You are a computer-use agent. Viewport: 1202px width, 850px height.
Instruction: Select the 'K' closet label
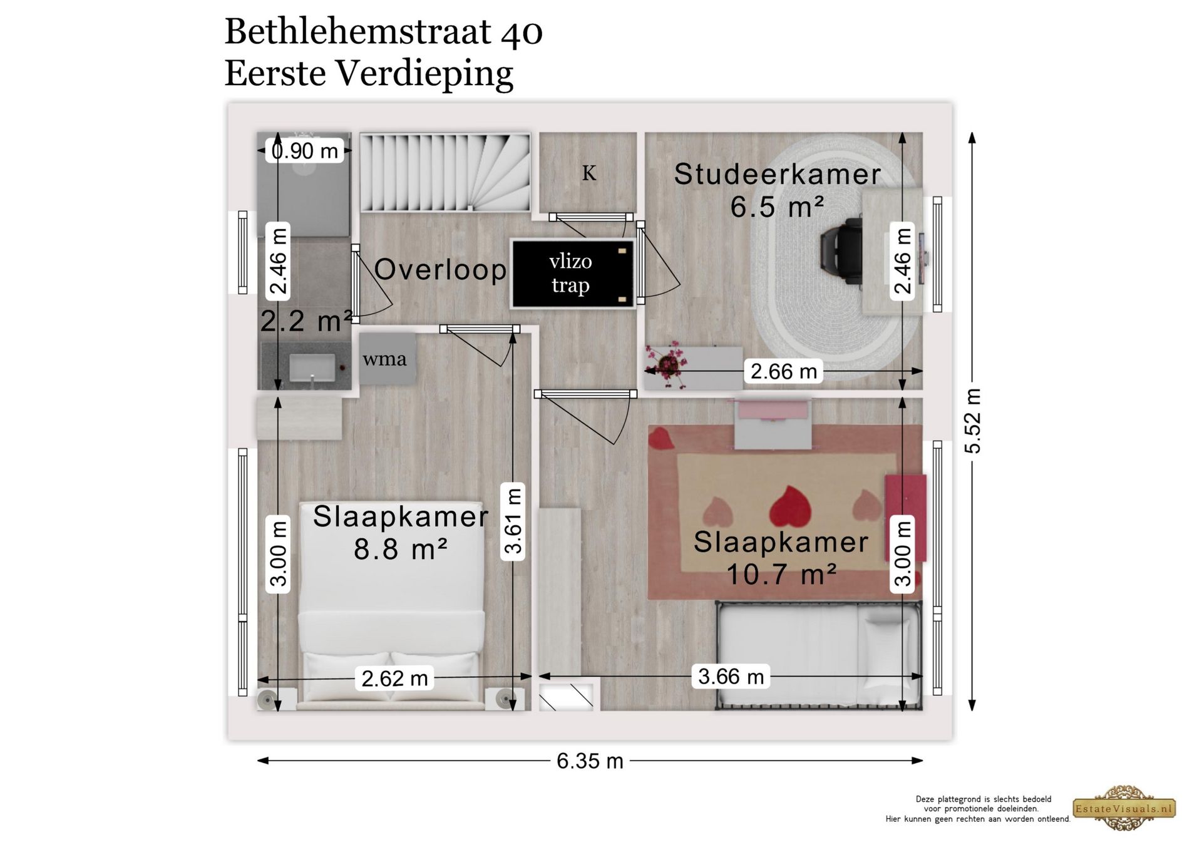[589, 173]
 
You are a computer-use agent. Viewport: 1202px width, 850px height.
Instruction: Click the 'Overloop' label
[440, 270]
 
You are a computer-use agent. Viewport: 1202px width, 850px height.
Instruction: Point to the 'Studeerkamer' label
[777, 174]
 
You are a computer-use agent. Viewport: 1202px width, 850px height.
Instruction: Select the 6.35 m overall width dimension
[590, 761]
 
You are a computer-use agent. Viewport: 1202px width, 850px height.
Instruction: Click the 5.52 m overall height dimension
[972, 421]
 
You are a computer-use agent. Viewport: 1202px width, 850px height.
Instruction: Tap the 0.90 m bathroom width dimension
[305, 151]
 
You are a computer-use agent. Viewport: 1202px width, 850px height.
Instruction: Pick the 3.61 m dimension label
[513, 521]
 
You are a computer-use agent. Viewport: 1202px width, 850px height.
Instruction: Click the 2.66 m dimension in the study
[784, 371]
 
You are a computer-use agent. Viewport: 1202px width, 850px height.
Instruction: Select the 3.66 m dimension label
[731, 676]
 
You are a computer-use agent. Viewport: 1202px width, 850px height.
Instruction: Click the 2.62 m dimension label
[395, 678]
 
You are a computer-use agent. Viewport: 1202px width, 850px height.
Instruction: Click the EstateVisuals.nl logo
[1124, 808]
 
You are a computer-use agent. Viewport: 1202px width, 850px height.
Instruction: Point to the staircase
[445, 172]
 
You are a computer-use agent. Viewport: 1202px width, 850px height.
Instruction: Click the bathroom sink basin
[312, 367]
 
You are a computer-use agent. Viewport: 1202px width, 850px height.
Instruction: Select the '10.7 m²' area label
[781, 574]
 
